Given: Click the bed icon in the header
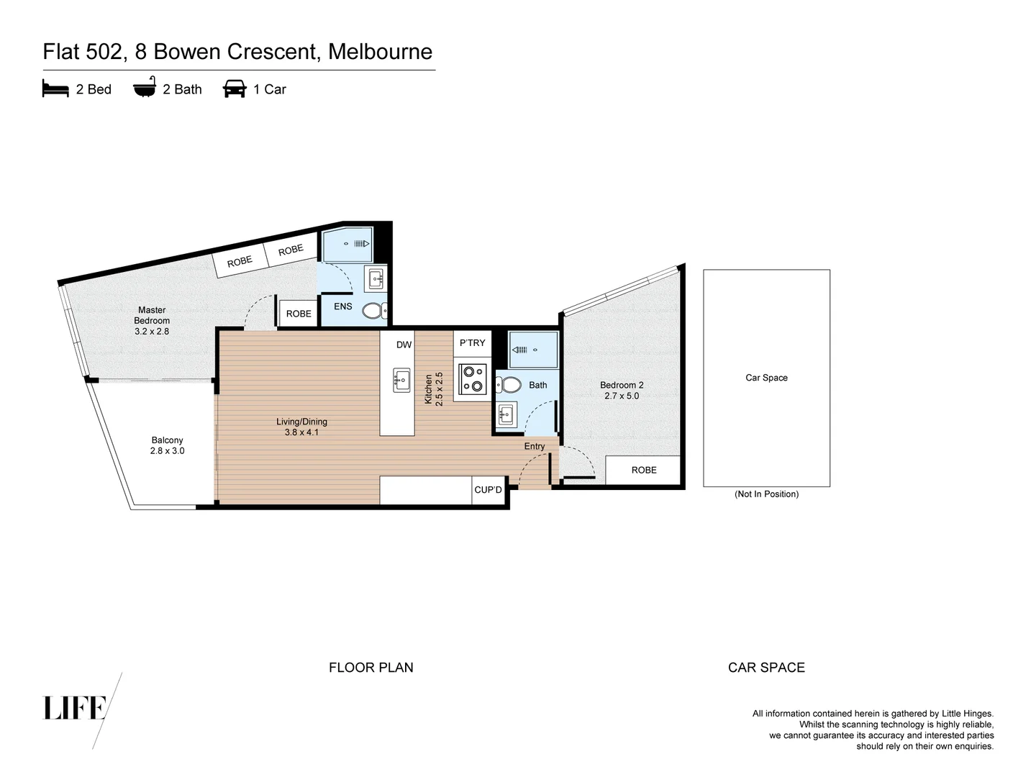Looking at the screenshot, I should (55, 89).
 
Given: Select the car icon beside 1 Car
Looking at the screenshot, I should (235, 88).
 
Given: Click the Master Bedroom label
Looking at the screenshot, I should (152, 315).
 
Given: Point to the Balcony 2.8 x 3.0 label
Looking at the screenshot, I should (167, 445).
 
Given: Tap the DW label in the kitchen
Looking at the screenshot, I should (404, 345).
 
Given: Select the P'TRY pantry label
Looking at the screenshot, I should (472, 343).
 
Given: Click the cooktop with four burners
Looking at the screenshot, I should (473, 379).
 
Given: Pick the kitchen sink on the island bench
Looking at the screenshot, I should (401, 379).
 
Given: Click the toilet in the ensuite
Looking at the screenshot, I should (374, 311).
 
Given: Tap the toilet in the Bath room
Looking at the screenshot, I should (510, 385).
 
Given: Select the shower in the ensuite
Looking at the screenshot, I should (347, 245).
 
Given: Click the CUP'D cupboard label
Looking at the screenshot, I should (488, 490).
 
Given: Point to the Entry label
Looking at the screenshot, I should (534, 446).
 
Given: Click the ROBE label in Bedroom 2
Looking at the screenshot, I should (644, 470).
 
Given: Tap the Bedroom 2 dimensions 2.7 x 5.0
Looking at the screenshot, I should (622, 396).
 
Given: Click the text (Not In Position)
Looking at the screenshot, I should (766, 494).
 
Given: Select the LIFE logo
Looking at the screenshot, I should (76, 708).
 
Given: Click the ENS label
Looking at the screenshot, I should (343, 306).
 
